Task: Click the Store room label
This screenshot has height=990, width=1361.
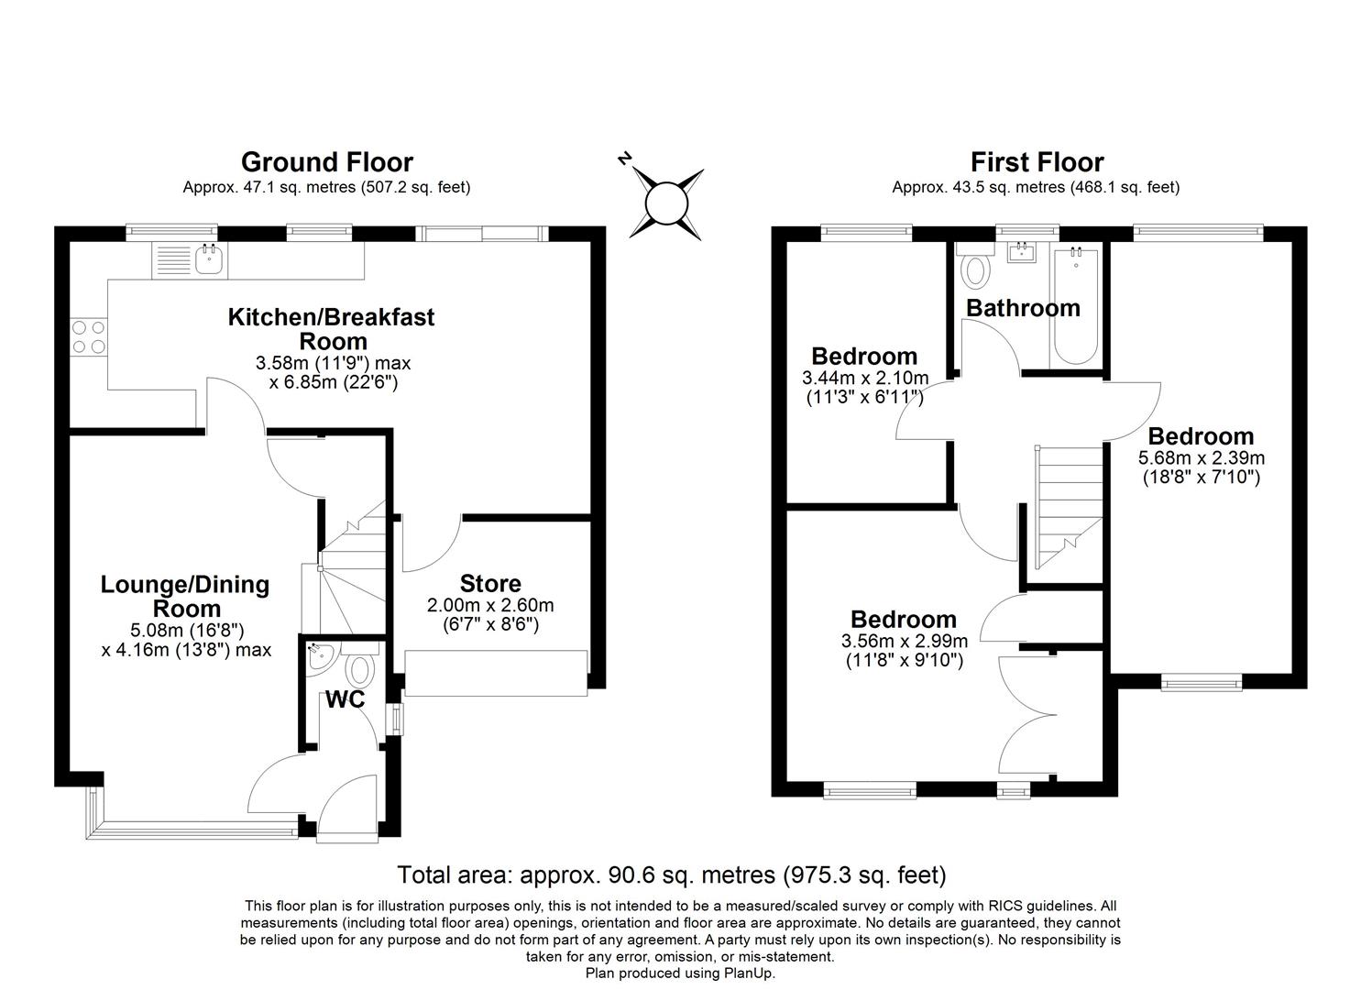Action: click(x=490, y=584)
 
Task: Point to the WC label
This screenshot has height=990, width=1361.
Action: click(x=345, y=700)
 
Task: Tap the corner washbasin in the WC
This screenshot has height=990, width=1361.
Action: click(x=317, y=657)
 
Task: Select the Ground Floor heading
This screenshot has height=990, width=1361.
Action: click(x=326, y=162)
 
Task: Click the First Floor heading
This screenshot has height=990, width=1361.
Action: click(x=1037, y=162)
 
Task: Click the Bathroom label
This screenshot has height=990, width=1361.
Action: click(x=1023, y=308)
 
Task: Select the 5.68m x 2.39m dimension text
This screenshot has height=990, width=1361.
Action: click(x=1201, y=458)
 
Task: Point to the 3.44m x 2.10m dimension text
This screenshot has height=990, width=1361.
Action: click(x=864, y=378)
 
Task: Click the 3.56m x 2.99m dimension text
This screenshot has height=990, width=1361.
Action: click(x=904, y=641)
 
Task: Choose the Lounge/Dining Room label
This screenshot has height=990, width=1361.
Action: click(x=185, y=597)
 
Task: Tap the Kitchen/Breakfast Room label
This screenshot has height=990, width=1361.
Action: click(x=331, y=329)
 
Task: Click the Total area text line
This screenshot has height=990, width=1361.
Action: click(x=671, y=874)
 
